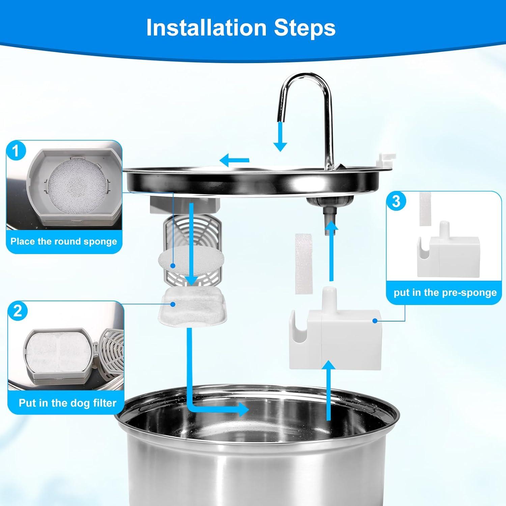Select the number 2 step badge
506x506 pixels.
pyautogui.click(x=18, y=311)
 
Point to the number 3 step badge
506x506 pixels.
pyautogui.click(x=396, y=201)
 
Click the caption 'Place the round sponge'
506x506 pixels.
pyautogui.click(x=64, y=242)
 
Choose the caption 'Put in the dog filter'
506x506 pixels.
pyautogui.click(x=67, y=403)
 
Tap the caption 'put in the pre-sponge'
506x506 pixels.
pyautogui.click(x=445, y=292)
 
